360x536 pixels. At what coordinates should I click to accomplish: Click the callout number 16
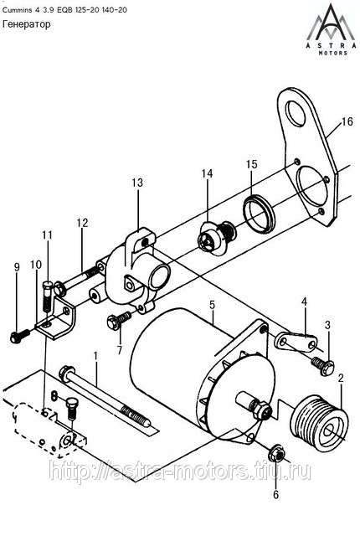pos(347,121)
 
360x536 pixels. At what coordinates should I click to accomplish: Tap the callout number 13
pos(137,183)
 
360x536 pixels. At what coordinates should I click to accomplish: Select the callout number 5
pos(212,305)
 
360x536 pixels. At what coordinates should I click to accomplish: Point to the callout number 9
pos(17,267)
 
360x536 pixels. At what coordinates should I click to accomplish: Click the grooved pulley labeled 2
pos(319,423)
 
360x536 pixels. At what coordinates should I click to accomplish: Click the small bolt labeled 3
pos(322,366)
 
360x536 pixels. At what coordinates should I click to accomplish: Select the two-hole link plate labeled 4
pos(296,342)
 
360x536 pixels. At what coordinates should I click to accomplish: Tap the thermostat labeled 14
pos(217,238)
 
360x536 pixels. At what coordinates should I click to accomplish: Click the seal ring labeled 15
pos(259,214)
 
